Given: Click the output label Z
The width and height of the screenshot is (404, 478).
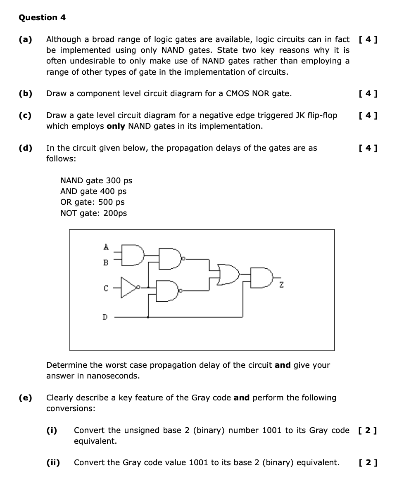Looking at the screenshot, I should pos(281,285).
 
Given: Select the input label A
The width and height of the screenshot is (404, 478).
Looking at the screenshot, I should pos(106,247).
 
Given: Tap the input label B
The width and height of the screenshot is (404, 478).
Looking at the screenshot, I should pos(106,262).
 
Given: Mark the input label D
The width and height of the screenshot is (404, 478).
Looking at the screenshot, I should pos(105,317).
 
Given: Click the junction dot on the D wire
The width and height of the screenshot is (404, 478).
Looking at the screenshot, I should pos(148,317).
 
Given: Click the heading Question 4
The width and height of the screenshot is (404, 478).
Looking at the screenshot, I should pos(42,18).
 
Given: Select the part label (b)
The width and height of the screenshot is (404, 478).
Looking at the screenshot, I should pos(26,94).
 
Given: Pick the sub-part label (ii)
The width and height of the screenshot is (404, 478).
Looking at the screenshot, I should pos(52,463).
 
